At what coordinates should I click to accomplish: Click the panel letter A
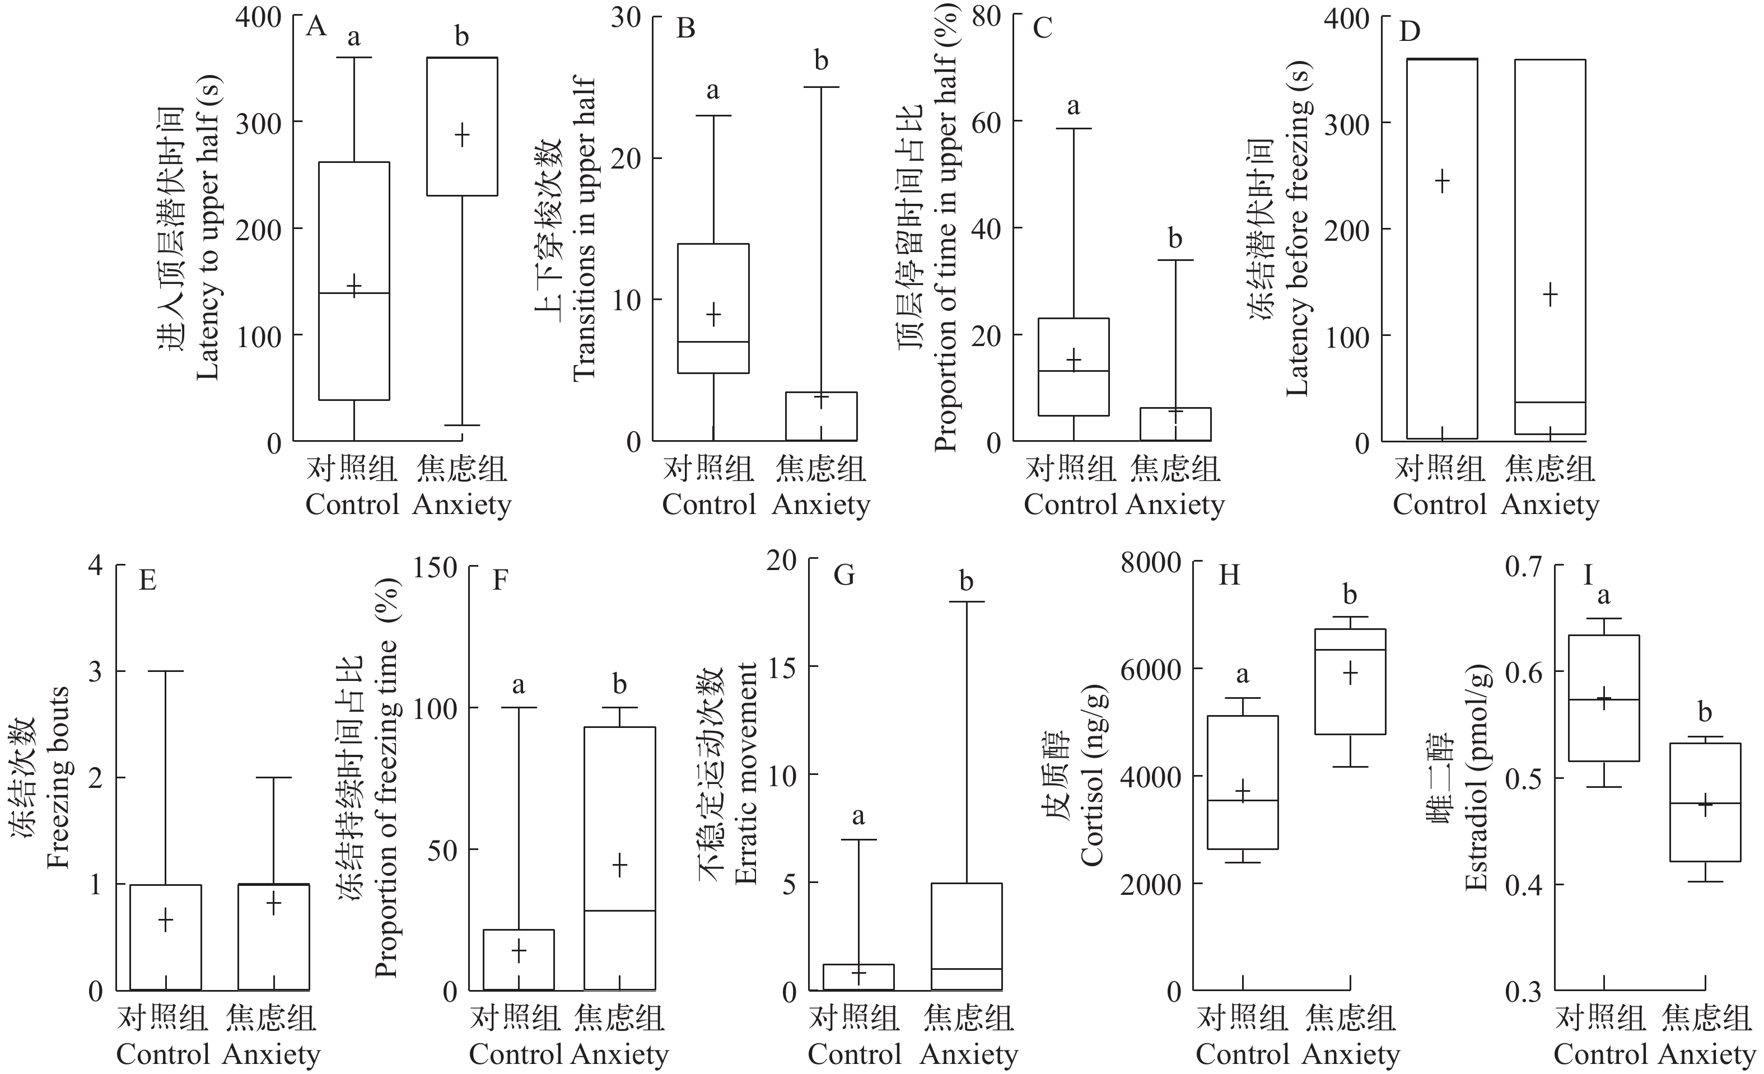coord(316,27)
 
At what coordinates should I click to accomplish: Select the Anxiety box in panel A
coord(462,126)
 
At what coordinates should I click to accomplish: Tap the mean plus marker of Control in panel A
coord(354,284)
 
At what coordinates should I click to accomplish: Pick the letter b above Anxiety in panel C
coord(1175,239)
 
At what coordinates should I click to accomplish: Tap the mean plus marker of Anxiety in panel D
coord(1550,295)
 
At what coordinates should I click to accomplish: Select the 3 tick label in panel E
coord(95,671)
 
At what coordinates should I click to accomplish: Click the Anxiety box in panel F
coord(620,858)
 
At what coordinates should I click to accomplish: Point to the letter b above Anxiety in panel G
coord(967,581)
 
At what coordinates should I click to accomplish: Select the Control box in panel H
coord(1243,782)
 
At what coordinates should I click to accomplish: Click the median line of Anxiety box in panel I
coord(1705,804)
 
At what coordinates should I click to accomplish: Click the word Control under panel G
coord(855,1054)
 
